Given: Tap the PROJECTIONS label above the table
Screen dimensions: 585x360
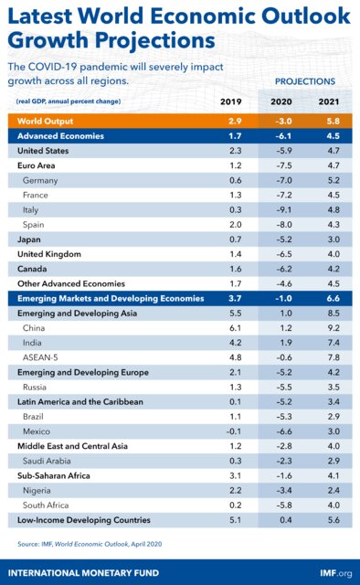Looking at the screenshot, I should pos(305,81).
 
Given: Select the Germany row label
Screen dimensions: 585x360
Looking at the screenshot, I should pos(42,180).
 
